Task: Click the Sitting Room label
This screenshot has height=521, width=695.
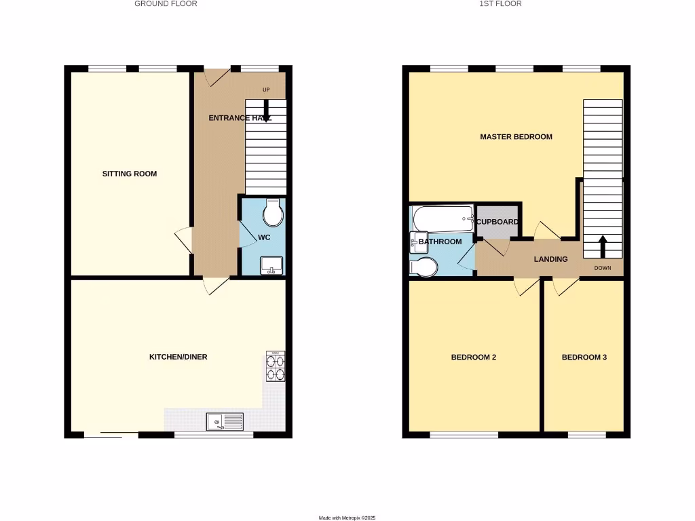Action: click(130, 174)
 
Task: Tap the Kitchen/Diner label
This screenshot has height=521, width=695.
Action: click(179, 357)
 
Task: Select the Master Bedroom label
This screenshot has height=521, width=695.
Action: click(516, 137)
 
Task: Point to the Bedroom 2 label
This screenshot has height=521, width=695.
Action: click(474, 358)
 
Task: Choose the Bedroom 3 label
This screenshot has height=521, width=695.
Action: click(584, 358)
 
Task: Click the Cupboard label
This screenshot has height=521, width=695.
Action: click(497, 222)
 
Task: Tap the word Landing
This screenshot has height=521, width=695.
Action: click(550, 259)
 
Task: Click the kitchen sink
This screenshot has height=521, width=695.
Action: click(225, 422)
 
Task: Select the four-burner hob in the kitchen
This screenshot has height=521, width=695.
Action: click(276, 366)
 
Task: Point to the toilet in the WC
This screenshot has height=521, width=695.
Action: click(274, 212)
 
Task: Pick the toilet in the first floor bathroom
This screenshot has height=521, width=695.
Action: click(426, 267)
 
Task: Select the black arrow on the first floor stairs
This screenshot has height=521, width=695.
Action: click(603, 246)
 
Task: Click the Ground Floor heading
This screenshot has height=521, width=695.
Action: click(166, 4)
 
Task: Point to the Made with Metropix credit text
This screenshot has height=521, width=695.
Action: click(347, 518)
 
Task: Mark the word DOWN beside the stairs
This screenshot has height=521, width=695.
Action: click(603, 268)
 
